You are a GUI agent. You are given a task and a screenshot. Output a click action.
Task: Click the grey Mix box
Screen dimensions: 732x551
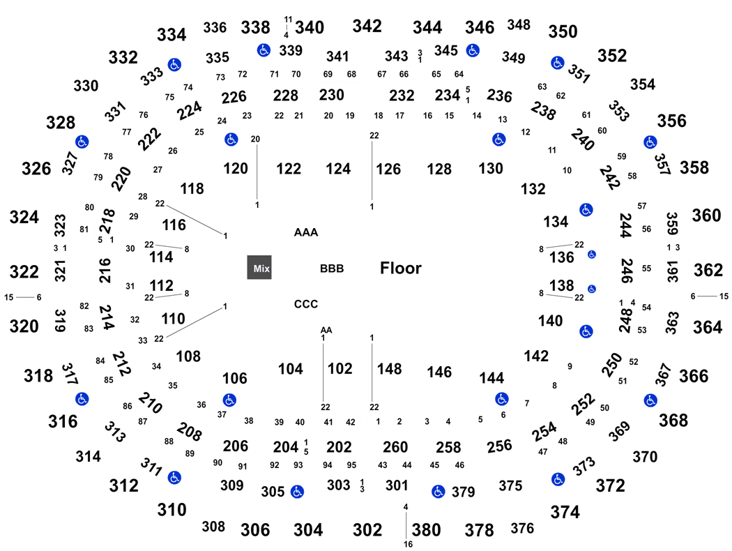(x=259, y=268)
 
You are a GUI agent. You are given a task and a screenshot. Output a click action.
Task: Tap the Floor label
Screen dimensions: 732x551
(x=401, y=268)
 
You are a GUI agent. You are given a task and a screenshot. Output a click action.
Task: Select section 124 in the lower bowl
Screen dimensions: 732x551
(x=338, y=169)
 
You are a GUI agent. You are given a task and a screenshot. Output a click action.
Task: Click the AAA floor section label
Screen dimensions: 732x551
(x=306, y=232)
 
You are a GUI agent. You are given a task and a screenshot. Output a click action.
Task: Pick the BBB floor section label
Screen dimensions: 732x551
(x=332, y=269)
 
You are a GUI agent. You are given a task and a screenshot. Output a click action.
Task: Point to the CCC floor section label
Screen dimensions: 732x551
(x=306, y=304)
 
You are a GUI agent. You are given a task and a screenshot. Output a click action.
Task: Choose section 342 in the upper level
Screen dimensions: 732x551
(x=367, y=26)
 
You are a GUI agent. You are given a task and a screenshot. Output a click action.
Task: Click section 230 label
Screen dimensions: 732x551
(x=331, y=95)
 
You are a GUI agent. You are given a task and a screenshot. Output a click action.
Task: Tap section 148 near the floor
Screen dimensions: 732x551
(x=389, y=369)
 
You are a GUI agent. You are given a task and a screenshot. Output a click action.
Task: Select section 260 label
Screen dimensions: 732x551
(x=395, y=447)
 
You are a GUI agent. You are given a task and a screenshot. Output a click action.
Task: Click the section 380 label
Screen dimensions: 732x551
(x=426, y=530)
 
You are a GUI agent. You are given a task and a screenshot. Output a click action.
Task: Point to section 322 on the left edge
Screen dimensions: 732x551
(x=24, y=271)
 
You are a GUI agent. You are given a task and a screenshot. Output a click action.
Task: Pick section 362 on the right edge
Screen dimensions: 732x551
(x=708, y=270)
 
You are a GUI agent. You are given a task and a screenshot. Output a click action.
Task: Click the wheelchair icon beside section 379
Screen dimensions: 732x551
(x=438, y=491)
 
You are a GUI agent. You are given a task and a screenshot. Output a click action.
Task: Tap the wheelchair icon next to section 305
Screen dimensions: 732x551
(x=297, y=491)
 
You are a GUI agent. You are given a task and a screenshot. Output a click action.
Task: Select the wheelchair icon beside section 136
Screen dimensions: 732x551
(x=591, y=255)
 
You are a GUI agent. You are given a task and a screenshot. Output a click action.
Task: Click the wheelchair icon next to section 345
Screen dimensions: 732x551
(x=473, y=50)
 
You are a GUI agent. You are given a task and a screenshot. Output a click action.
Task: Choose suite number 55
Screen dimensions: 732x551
(x=646, y=269)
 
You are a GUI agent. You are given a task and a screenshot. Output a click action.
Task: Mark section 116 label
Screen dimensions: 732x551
(x=174, y=225)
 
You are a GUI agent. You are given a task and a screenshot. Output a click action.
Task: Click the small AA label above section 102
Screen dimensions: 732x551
(x=326, y=330)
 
